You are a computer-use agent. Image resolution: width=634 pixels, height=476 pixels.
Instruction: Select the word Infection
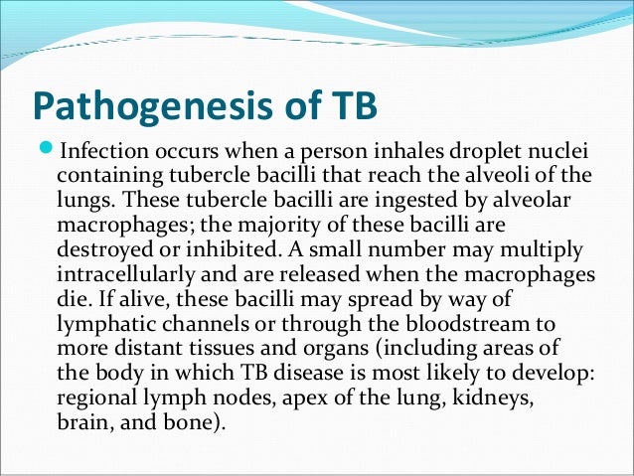tap(103, 153)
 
